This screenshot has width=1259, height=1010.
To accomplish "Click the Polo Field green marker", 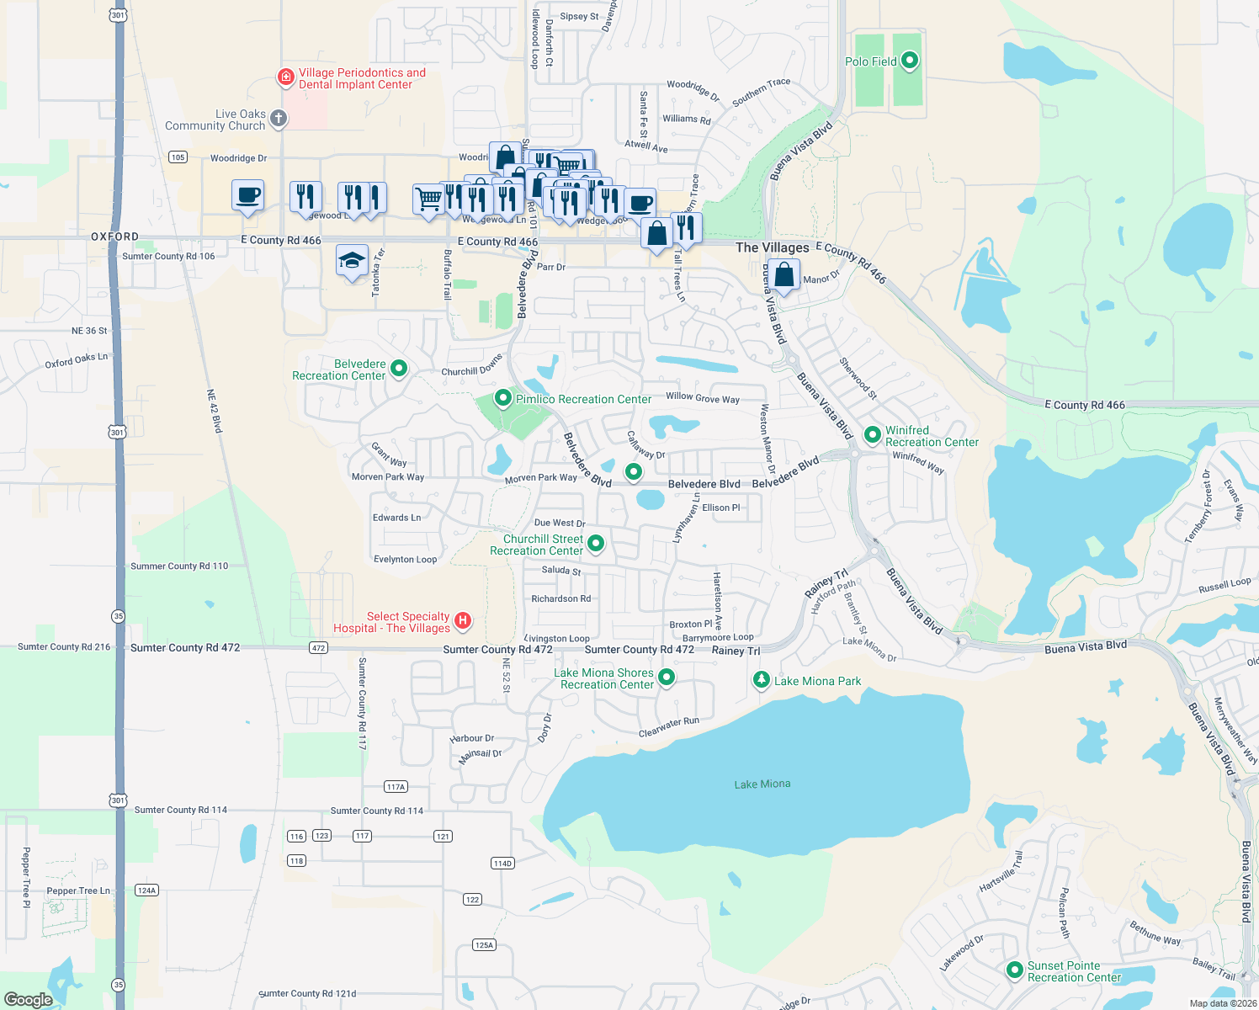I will click(909, 61).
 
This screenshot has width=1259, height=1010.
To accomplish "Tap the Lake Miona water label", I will click(762, 784).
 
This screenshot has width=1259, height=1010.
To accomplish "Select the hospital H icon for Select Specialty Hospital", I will click(462, 621).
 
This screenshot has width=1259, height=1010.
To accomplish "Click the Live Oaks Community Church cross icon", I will click(279, 119).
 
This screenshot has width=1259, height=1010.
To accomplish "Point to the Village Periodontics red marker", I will click(286, 78).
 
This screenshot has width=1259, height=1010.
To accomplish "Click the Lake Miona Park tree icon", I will click(762, 680).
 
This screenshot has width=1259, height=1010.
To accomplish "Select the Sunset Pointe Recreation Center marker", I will click(1015, 970).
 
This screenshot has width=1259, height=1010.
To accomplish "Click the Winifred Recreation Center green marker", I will click(873, 435).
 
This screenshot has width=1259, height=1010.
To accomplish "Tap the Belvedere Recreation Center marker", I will click(399, 369).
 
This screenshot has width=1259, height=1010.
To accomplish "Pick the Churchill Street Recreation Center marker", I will click(596, 544).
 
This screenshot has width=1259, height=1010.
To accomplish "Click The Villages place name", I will click(772, 247).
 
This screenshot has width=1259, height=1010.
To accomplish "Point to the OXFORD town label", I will click(114, 237).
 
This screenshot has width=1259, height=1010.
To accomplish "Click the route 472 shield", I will click(318, 648).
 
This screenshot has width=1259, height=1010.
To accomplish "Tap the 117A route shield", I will click(396, 787).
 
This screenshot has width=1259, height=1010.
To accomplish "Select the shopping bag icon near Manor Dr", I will click(784, 275).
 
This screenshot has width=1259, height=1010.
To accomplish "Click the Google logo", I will click(29, 1000).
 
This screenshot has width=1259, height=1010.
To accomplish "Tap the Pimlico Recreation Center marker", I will click(503, 398).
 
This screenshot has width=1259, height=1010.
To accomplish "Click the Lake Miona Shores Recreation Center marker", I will click(667, 678).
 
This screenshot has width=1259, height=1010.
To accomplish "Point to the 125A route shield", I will click(484, 945).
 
